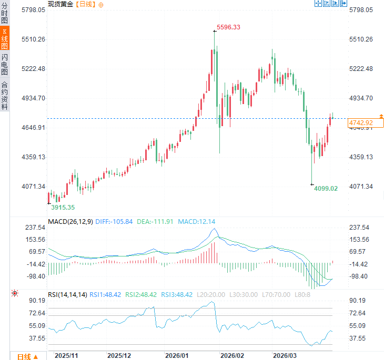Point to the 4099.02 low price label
pyautogui.click(x=326, y=188)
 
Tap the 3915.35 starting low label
pyautogui.click(x=63, y=207)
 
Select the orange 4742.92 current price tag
pyautogui.click(x=361, y=123)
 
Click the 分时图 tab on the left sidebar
pyautogui.click(x=5, y=14)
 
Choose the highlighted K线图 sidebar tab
pyautogui.click(x=5, y=39)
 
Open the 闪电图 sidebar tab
pyautogui.click(x=5, y=64)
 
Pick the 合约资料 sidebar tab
pyautogui.click(x=5, y=95)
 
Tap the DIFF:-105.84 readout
pyautogui.click(x=114, y=222)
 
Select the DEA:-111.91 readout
pyautogui.click(x=155, y=222)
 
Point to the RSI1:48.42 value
pyautogui.click(x=106, y=295)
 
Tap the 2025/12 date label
pyautogui.click(x=119, y=356)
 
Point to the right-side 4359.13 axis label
pyautogui.click(x=361, y=157)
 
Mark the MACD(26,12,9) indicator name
pyautogui.click(x=70, y=222)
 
